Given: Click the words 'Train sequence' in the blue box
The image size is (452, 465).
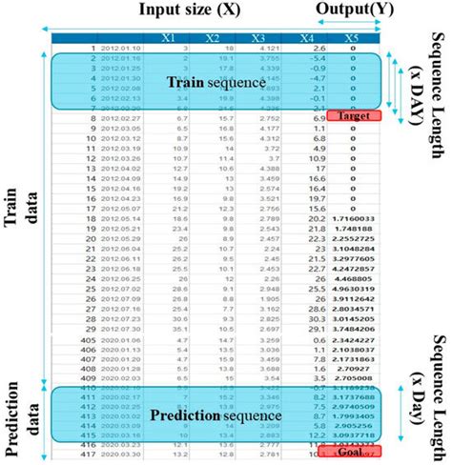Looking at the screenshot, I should click(x=214, y=83).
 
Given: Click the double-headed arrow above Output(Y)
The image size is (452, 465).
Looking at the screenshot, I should click(x=352, y=28).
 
